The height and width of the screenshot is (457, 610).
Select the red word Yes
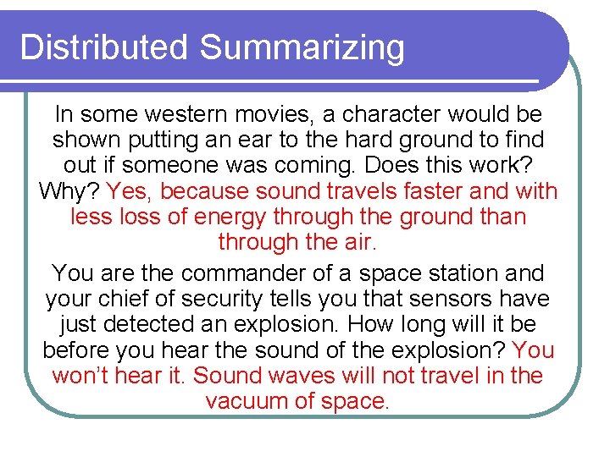click(130, 191)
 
